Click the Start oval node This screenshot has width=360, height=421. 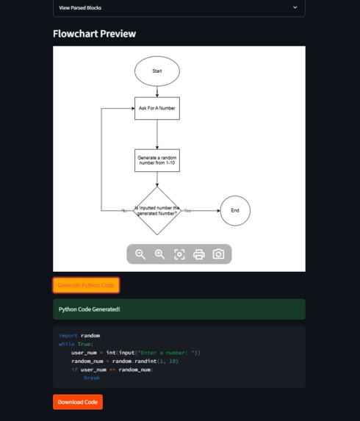[156, 71]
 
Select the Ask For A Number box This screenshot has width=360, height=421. [156, 108]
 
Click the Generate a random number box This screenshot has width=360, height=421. [156, 160]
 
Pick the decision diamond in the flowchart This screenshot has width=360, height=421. [156, 211]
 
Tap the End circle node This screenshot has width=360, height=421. [235, 211]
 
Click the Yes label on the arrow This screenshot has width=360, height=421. [187, 211]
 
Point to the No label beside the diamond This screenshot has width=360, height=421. [123, 211]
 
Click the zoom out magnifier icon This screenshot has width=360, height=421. [140, 254]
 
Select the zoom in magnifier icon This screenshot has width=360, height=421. [159, 254]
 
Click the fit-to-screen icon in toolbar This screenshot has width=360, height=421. [179, 254]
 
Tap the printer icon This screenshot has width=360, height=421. [198, 254]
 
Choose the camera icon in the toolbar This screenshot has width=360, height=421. [218, 254]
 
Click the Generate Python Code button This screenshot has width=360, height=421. [86, 285]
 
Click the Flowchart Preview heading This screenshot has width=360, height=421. [94, 34]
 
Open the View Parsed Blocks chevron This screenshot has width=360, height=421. [295, 7]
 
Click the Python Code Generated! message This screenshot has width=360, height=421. [89, 309]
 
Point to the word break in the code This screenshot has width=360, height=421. [91, 378]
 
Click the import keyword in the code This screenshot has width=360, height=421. [68, 336]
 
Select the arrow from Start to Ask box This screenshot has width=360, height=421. [156, 90]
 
